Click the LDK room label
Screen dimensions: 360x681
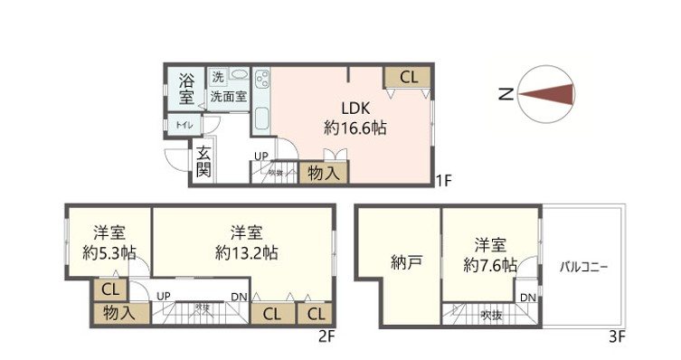[355, 105]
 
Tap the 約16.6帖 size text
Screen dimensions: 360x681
[355, 128]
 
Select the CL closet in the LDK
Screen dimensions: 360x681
[408, 78]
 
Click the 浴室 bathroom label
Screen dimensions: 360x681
[185, 87]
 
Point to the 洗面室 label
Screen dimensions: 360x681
[229, 95]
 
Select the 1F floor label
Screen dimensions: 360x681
[443, 180]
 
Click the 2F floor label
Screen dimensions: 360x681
[326, 338]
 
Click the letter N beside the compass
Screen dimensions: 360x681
[507, 92]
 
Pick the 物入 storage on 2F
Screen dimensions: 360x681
[120, 313]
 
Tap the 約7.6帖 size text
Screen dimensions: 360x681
[489, 266]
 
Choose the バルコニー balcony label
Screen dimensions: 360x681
[582, 268]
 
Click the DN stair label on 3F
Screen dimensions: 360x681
[528, 298]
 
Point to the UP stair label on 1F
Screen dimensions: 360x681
[260, 156]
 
